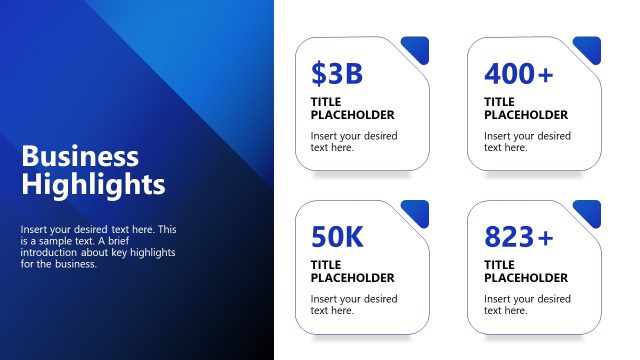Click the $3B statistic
tap(336, 74)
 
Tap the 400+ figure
tap(518, 74)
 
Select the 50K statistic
tap(337, 237)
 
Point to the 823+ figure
tap(518, 237)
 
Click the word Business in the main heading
tap(80, 157)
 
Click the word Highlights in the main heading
tap(93, 185)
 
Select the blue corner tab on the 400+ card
tap(589, 48)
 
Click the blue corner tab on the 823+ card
tap(589, 211)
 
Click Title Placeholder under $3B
tap(352, 108)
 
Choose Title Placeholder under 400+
tap(525, 108)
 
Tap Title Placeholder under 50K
tap(352, 271)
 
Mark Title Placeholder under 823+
tap(525, 271)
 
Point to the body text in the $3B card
tap(353, 141)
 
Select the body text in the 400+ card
tap(527, 141)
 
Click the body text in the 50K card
tap(353, 304)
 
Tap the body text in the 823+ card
tap(527, 304)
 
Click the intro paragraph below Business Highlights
tap(98, 247)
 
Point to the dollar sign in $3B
tap(318, 74)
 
